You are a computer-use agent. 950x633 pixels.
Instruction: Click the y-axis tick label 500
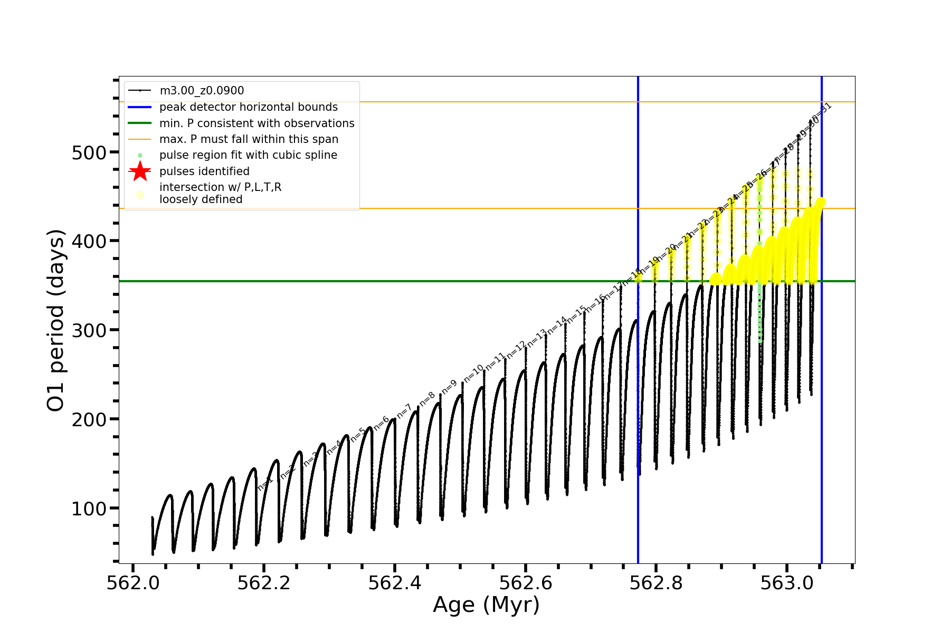tap(89, 152)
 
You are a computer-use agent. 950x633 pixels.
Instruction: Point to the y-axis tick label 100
tap(89, 509)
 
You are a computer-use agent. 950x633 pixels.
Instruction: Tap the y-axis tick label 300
tap(89, 331)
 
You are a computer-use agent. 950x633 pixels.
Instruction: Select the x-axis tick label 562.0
tap(133, 583)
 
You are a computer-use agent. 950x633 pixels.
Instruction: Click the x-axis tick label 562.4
tap(395, 583)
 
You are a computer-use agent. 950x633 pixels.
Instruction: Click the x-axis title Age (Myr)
tap(486, 605)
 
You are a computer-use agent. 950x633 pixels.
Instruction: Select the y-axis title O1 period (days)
tap(56, 320)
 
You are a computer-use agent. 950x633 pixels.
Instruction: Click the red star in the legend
tap(140, 171)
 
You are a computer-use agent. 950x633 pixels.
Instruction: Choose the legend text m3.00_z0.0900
tap(202, 91)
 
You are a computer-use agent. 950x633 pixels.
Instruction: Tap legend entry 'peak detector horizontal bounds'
tap(248, 107)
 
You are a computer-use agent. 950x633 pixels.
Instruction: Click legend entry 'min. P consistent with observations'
tap(256, 123)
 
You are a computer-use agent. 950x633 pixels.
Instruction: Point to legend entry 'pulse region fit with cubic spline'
tap(248, 155)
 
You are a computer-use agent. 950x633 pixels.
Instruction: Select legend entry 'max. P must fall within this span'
tap(249, 139)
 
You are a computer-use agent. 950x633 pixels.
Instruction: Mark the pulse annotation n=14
tap(556, 325)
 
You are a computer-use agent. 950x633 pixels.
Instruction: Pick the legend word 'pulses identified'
tap(204, 171)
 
